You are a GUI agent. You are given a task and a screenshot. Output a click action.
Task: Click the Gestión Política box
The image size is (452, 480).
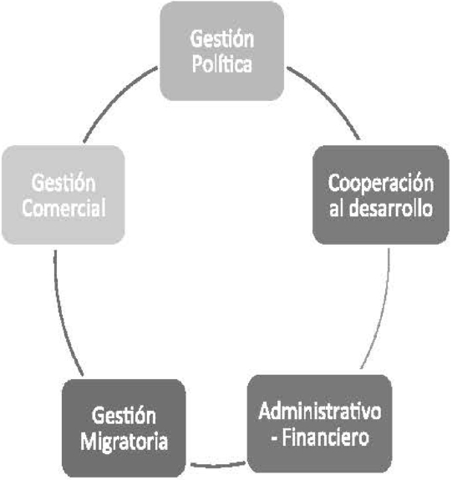(222, 51)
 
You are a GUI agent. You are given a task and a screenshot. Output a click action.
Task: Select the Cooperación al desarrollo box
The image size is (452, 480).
(381, 195)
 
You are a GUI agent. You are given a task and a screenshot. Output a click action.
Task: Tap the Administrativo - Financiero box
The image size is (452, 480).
(320, 424)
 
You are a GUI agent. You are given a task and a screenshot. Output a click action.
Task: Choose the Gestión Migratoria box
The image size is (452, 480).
(124, 428)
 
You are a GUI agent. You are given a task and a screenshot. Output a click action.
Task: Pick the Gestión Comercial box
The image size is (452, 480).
(63, 195)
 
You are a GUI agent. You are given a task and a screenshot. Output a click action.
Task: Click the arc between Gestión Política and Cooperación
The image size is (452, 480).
(329, 96)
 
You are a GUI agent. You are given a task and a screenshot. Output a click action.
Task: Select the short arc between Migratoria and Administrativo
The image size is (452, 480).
(217, 466)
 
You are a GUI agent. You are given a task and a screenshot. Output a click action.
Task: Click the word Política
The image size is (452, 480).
(222, 63)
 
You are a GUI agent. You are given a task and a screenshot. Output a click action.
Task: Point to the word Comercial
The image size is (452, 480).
(63, 208)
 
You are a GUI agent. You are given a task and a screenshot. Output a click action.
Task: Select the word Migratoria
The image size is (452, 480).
(124, 441)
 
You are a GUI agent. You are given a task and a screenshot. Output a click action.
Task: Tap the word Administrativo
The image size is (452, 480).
(320, 411)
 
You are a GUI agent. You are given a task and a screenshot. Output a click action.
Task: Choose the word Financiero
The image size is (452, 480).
(325, 437)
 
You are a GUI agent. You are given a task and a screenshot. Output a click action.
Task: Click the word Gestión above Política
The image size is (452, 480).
(222, 38)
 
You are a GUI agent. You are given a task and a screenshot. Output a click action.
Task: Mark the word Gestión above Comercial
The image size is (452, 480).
(63, 183)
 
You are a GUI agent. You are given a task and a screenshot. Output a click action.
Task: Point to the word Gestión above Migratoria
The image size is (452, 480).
(124, 416)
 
